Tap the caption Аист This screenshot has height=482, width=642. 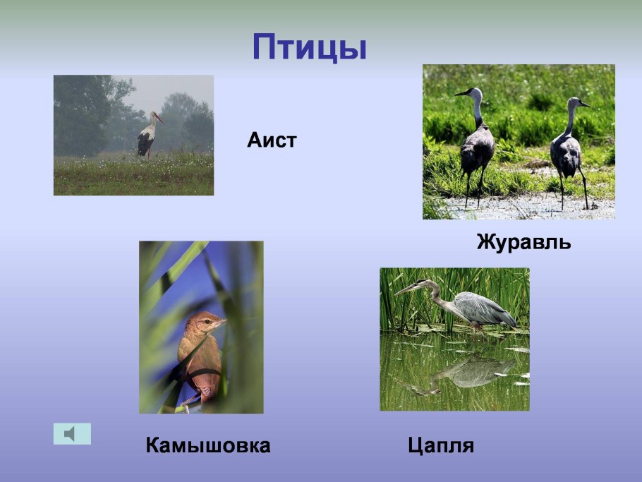tap(272, 140)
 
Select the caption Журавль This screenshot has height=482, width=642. tap(523, 243)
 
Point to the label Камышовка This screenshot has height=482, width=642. tap(208, 446)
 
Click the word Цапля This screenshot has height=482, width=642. tap(441, 446)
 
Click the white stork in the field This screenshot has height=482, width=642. tap(147, 135)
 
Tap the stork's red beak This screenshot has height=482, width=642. tap(159, 117)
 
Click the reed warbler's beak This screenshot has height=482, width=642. tap(222, 321)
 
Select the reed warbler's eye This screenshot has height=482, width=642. tap(210, 320)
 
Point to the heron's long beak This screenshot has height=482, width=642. tap(406, 289)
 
